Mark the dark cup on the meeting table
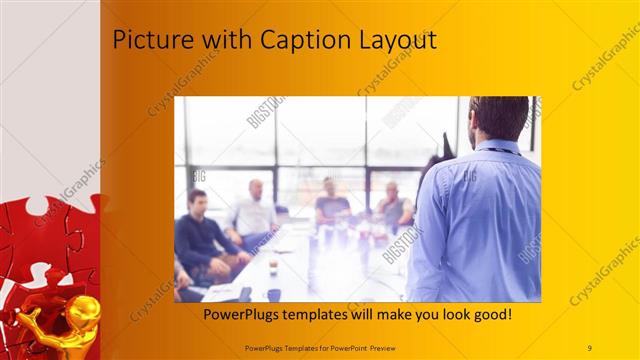click(x=273, y=295)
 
